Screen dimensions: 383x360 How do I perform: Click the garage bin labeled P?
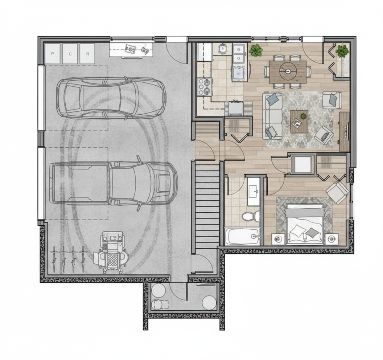click(x=52, y=54)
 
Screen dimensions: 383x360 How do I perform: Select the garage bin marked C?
click(x=70, y=54)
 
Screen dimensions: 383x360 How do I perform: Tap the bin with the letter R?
click(x=87, y=54)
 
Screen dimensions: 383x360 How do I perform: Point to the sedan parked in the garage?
click(x=111, y=98)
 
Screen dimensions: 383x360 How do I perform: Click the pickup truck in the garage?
click(x=114, y=183)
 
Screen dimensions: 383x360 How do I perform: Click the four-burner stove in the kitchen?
click(x=204, y=86)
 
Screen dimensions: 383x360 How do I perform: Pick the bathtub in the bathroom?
click(x=243, y=236)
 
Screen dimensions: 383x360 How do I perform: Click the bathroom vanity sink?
click(x=254, y=192)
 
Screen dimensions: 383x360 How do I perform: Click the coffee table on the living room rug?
click(x=299, y=122)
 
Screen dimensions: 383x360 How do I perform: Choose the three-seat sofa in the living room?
click(x=272, y=116)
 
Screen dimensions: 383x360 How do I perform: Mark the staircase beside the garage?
click(x=207, y=205)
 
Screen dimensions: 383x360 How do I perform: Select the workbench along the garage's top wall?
click(x=131, y=50)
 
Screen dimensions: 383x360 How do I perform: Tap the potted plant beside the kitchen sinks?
click(x=256, y=50)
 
